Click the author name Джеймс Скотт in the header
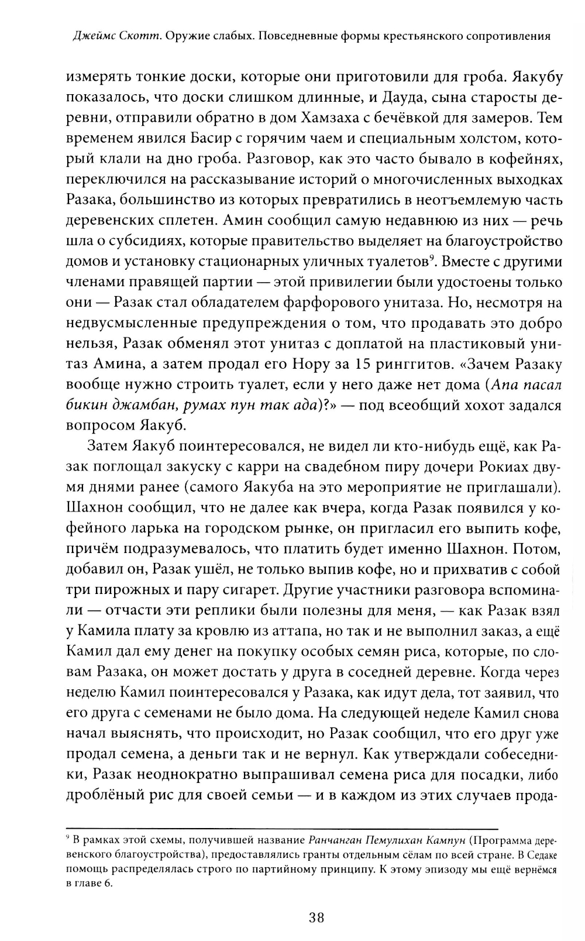click(121, 36)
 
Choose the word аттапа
click(275, 631)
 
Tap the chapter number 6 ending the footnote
click(107, 884)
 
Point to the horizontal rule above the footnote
click(281, 828)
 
